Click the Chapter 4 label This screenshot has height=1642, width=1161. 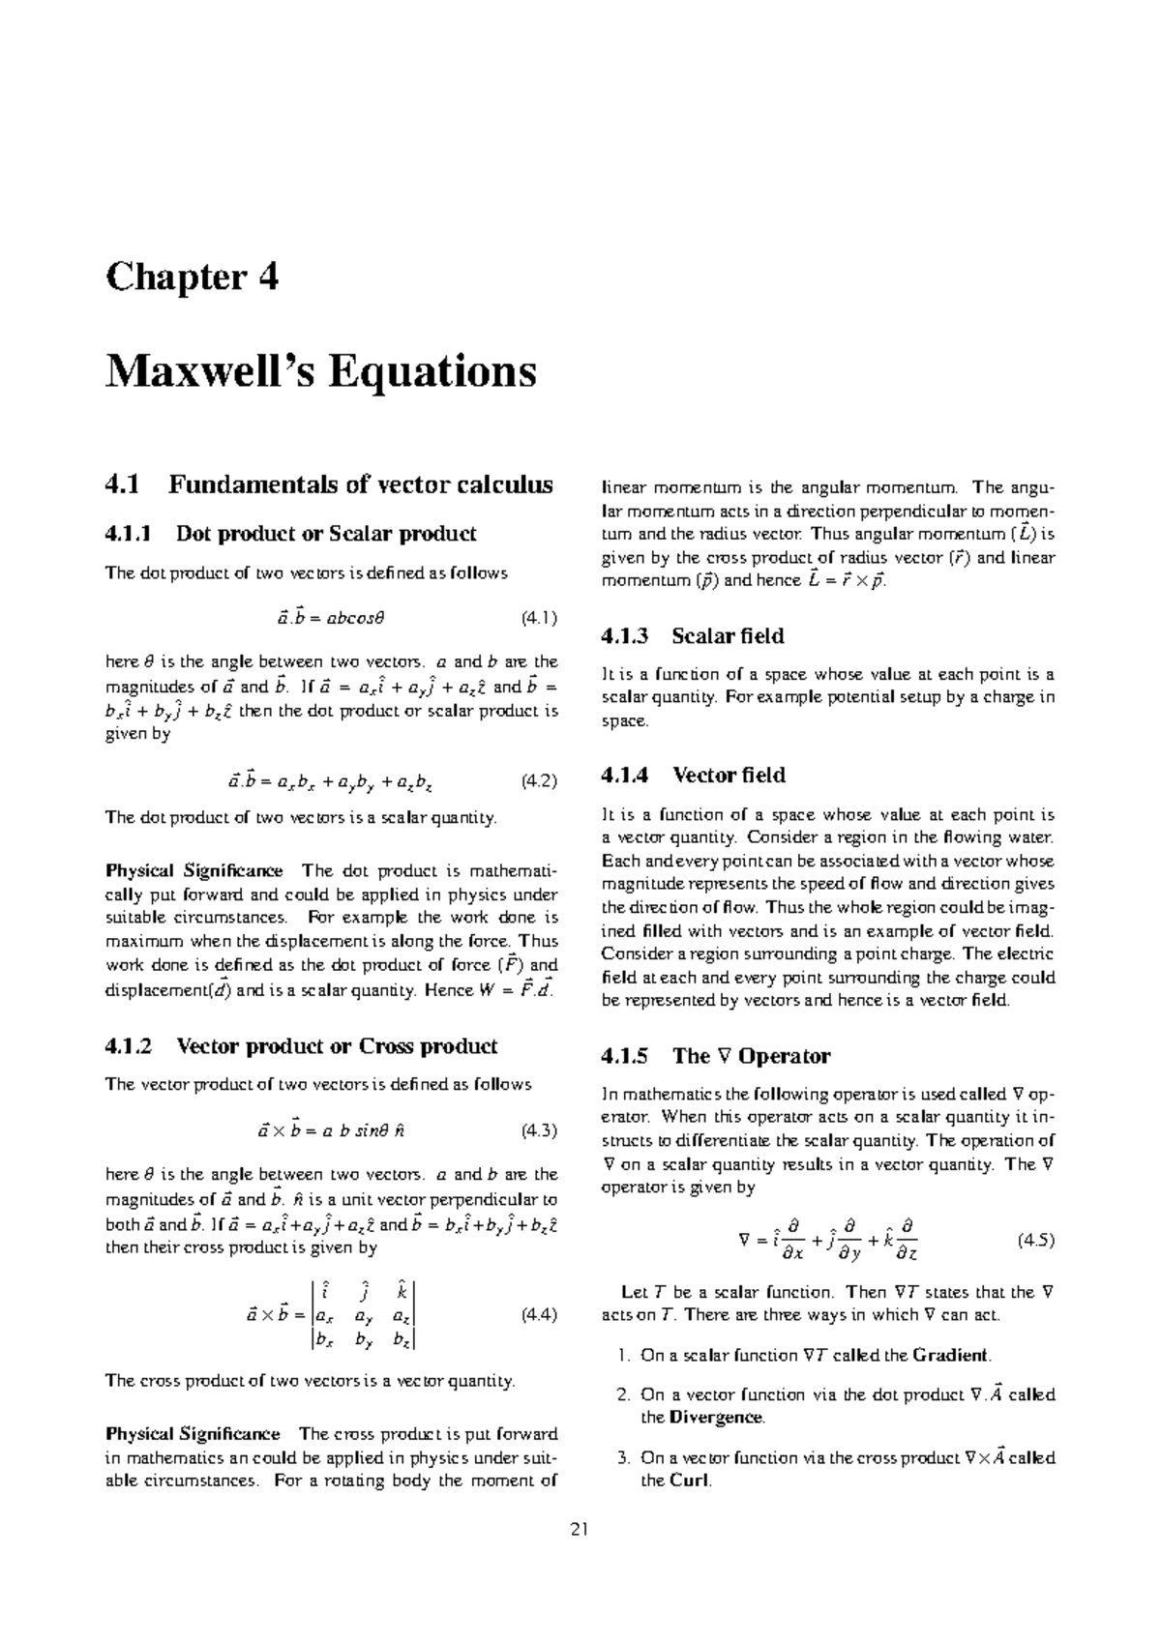point(192,278)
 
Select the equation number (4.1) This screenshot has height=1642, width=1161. point(539,616)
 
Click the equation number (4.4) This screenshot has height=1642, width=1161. point(539,1314)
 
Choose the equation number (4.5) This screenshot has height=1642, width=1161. point(1036,1240)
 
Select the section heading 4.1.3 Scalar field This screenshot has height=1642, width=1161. point(692,636)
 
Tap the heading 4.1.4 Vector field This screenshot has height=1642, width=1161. point(693,776)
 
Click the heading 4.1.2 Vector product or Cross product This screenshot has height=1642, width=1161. point(301,1046)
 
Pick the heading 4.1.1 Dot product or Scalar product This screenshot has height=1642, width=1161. point(290,534)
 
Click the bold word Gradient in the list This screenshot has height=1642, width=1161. point(951,1355)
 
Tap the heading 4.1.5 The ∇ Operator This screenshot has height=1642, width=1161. point(715,1056)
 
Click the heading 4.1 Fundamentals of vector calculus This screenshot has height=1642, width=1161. point(329,484)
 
